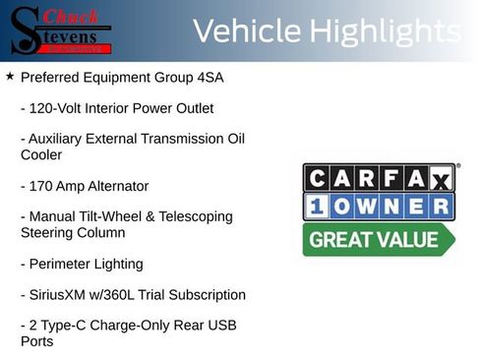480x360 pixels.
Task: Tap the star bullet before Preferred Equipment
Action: (10, 76)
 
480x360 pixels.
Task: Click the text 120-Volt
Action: (57, 108)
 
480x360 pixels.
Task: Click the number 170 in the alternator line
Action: (41, 186)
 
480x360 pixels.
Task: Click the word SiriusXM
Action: (61, 295)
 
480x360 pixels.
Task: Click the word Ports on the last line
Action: (37, 341)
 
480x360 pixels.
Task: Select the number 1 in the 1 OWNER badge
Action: (319, 207)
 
